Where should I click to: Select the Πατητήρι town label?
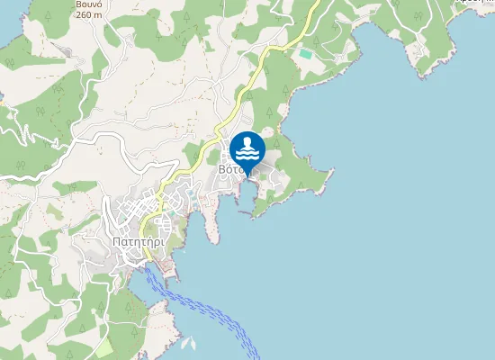tap(138, 241)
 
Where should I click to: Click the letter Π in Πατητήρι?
tap(118, 241)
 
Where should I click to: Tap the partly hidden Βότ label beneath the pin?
tap(229, 168)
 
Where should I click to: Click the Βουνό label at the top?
tap(88, 4)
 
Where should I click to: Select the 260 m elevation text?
tap(89, 14)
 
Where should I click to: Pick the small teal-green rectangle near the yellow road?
tap(306, 54)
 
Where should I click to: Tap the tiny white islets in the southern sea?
tap(188, 342)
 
